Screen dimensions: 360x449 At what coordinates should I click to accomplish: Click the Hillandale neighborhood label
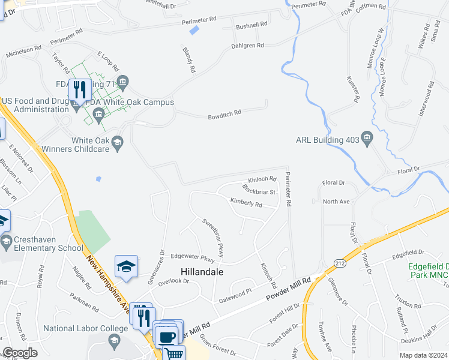click(x=199, y=272)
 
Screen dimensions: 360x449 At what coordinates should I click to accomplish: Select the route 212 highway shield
click(x=339, y=263)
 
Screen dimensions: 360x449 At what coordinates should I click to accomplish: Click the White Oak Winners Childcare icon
click(x=117, y=142)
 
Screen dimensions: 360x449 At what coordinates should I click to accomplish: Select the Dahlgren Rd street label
click(x=248, y=46)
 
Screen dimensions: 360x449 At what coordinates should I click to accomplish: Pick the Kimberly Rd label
click(x=246, y=205)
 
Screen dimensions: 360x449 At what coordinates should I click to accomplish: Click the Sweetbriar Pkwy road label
click(x=212, y=238)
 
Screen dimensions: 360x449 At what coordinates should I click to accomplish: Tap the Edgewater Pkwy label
click(x=193, y=259)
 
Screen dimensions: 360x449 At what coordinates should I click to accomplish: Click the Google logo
click(x=20, y=353)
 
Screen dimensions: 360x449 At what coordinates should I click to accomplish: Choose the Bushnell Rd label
click(x=252, y=25)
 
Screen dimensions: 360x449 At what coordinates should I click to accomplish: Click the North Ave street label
click(x=336, y=202)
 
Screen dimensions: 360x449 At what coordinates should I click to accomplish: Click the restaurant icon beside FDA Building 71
click(x=80, y=89)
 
